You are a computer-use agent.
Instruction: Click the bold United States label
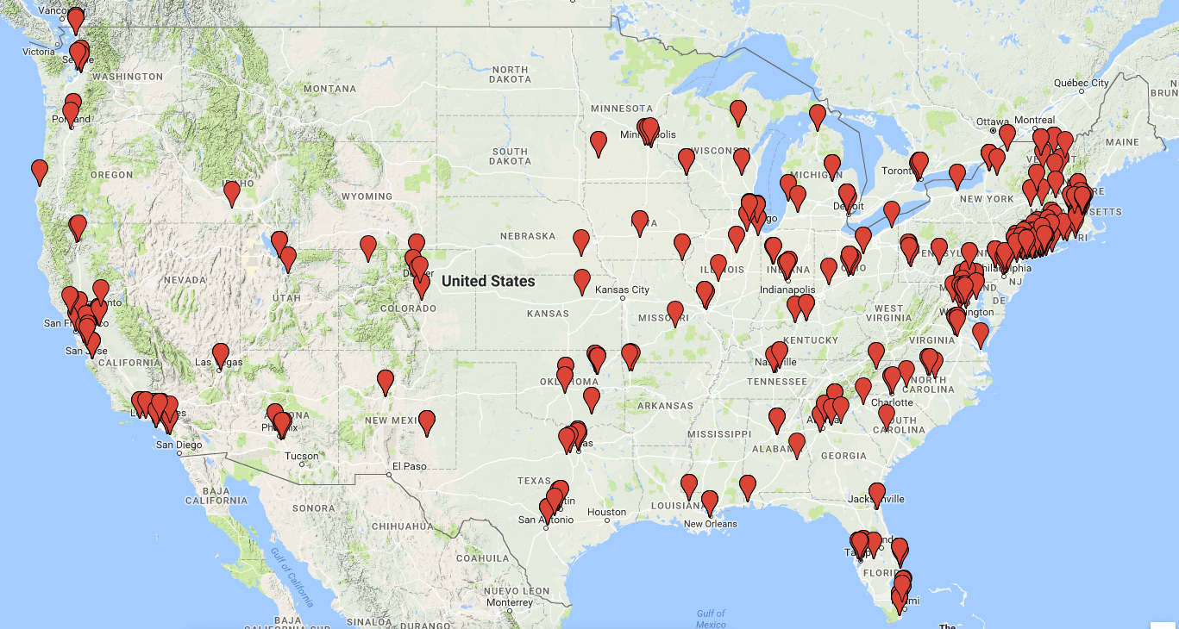point(487,281)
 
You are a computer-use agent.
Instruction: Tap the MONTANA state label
point(329,89)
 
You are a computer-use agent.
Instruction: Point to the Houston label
point(607,512)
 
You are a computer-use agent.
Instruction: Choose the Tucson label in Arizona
point(301,456)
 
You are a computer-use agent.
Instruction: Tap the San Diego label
point(180,445)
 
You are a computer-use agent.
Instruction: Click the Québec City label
point(1082,83)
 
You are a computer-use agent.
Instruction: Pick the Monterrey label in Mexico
point(509,602)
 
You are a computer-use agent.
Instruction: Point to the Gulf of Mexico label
point(711,619)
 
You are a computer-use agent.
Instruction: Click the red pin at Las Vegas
point(221,354)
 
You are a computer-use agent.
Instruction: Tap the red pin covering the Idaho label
point(231,192)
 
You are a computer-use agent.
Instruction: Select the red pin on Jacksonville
point(877,493)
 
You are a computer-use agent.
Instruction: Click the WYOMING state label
point(367,196)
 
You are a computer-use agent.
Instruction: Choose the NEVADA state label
point(185,280)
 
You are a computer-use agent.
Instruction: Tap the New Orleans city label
point(710,524)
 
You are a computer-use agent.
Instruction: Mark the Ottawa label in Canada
point(993,120)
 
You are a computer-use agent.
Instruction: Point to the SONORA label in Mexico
point(312,508)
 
